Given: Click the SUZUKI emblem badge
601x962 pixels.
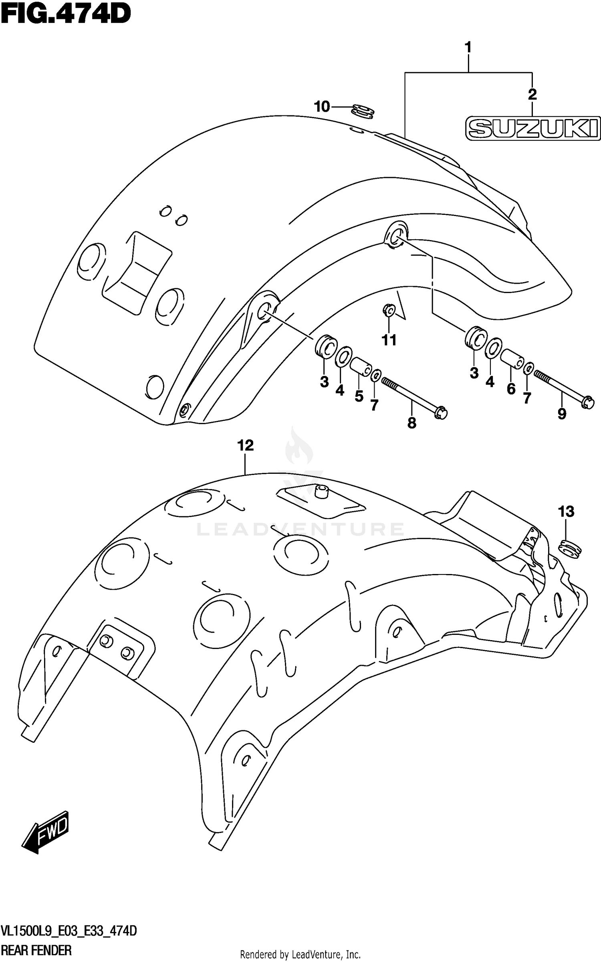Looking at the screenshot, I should (x=533, y=129).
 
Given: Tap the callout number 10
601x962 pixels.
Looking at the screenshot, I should (x=322, y=107).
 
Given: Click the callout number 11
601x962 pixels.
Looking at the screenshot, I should (x=389, y=340).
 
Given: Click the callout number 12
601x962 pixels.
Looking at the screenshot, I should (x=245, y=445).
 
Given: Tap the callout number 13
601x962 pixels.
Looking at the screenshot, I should (x=566, y=511).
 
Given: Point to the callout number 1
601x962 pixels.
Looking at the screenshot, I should (x=468, y=48).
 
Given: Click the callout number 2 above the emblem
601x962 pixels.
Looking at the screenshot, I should (x=532, y=95).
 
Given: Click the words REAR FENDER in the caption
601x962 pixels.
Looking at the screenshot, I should (x=36, y=950).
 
